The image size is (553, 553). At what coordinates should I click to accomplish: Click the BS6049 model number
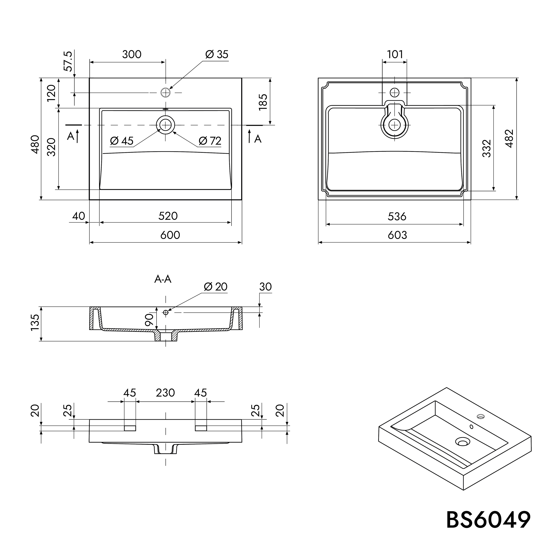(x=488, y=520)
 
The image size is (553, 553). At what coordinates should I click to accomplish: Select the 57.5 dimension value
(x=68, y=61)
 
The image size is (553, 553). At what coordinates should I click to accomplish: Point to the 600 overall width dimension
(x=170, y=235)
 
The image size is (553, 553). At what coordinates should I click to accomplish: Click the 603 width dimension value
(x=397, y=235)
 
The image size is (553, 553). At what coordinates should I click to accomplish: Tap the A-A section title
(x=163, y=279)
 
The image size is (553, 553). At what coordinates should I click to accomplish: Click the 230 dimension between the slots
(x=166, y=393)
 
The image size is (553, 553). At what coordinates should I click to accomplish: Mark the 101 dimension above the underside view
(x=395, y=54)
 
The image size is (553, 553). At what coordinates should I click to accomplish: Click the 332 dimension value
(x=487, y=148)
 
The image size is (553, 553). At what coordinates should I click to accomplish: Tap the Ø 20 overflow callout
(x=215, y=287)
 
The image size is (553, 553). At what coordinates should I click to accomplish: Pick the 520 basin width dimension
(x=168, y=216)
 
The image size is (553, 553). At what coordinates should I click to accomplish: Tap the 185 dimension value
(x=263, y=102)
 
